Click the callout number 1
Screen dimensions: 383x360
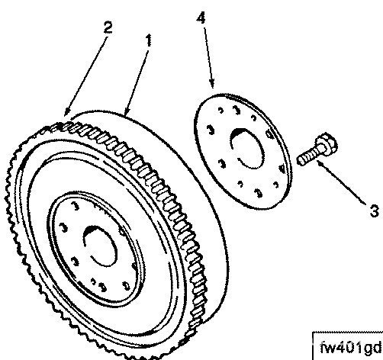click(149, 40)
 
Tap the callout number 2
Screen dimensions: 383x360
click(108, 27)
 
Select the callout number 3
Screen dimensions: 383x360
click(374, 211)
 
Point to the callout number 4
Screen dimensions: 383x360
click(201, 18)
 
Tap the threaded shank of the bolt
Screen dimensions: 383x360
click(308, 157)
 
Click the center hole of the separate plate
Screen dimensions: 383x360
click(246, 149)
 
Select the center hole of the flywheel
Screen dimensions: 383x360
click(100, 246)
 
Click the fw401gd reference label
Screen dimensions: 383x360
click(351, 347)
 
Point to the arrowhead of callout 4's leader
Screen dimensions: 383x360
click(211, 84)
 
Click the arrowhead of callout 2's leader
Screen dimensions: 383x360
click(67, 112)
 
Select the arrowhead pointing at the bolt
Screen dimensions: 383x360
click(321, 163)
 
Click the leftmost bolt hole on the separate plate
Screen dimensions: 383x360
click(211, 130)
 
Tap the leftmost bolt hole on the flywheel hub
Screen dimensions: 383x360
click(64, 227)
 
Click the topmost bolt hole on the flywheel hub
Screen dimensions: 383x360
click(75, 206)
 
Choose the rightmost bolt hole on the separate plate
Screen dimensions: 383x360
click(282, 169)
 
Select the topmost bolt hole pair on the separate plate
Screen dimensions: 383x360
click(230, 111)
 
